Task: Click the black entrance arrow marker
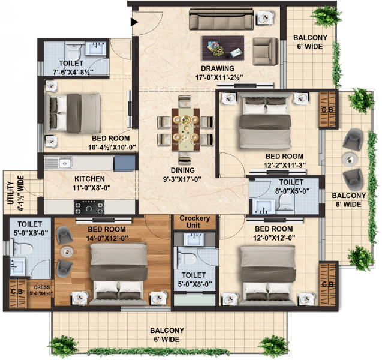(134, 22)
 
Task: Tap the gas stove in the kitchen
(89, 207)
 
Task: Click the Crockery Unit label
(194, 221)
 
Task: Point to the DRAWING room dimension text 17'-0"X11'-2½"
(219, 78)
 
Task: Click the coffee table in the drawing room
(223, 48)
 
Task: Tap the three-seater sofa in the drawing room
(221, 19)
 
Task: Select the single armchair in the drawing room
(266, 52)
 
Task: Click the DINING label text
(183, 170)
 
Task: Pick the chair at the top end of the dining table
(185, 101)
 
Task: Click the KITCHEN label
(90, 179)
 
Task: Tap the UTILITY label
(10, 193)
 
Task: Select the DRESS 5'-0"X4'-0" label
(41, 290)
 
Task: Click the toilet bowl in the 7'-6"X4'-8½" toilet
(74, 50)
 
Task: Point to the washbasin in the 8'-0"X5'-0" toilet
(264, 206)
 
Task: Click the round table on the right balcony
(350, 160)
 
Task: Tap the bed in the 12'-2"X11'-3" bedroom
(265, 121)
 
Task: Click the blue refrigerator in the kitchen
(124, 163)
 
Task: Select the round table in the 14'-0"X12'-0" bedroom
(67, 252)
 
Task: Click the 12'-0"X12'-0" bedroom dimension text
(274, 238)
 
